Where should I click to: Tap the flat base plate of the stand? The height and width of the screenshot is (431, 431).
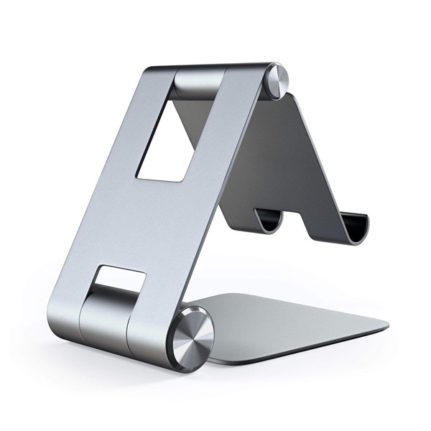pyautogui.click(x=302, y=316)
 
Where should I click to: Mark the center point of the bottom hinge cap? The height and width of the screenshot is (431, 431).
pyautogui.click(x=195, y=330)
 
